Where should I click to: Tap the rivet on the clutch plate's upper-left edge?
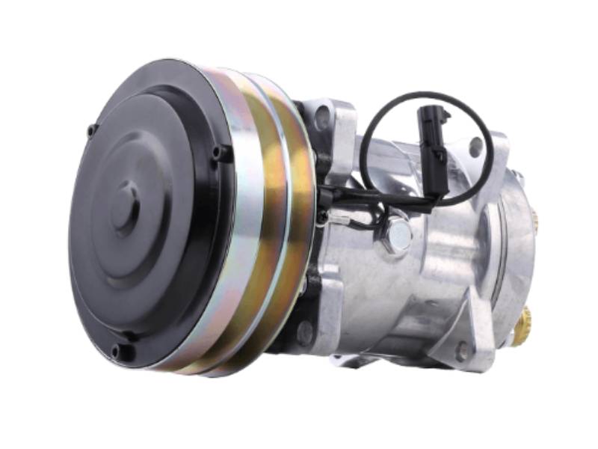92,130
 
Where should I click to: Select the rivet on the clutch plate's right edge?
219,153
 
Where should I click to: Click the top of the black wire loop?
426,95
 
